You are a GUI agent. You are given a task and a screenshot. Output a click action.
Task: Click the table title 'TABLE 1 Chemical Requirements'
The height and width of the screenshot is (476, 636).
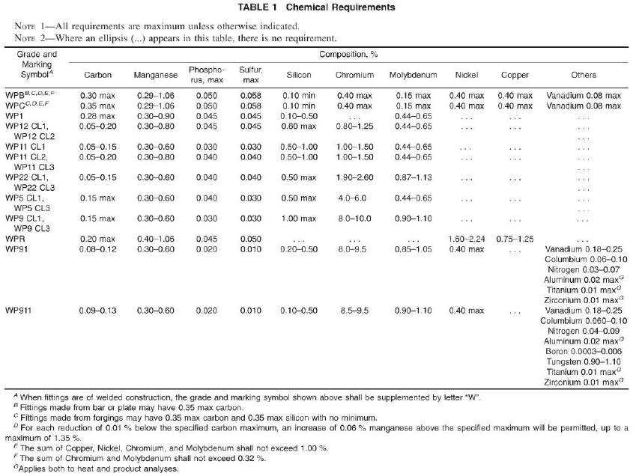click(x=318, y=7)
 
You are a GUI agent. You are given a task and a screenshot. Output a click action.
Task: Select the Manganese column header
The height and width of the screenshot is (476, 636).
click(x=155, y=75)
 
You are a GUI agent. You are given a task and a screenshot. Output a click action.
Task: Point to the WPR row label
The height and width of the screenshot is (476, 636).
click(x=16, y=237)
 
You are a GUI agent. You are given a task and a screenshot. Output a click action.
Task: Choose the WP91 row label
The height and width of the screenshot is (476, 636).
click(x=19, y=247)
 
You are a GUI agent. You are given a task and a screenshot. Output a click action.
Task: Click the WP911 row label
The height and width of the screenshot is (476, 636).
click(x=21, y=309)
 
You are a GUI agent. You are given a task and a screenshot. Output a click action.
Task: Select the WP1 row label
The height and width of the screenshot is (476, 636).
click(x=16, y=117)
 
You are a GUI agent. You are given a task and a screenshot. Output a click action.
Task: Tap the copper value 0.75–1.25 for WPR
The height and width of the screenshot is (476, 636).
click(x=514, y=237)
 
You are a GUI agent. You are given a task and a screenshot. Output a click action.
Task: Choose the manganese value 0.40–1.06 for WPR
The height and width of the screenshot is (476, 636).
click(x=155, y=237)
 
